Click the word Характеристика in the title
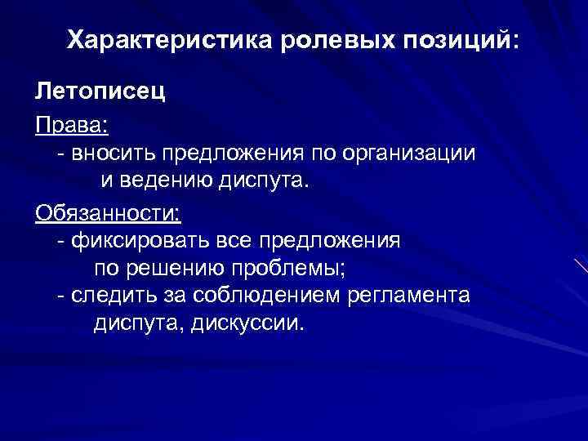click(x=172, y=40)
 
